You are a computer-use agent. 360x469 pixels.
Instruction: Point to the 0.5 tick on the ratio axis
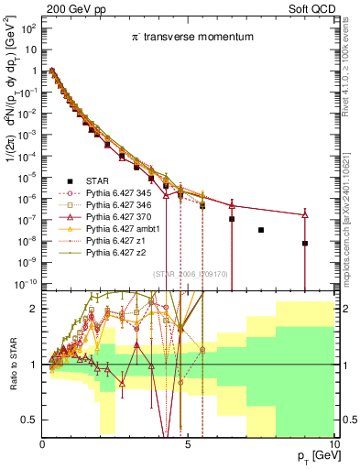pos(31,420)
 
